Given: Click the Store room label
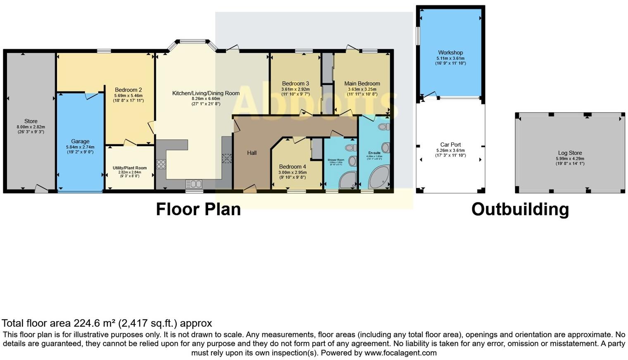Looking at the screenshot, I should click(31, 121).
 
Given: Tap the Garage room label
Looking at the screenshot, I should click(80, 142).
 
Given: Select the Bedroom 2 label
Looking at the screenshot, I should click(128, 90).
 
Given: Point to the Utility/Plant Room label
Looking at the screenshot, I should click(130, 168).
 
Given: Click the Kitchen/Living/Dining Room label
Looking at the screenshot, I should click(206, 93).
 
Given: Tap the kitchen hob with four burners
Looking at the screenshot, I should click(161, 164).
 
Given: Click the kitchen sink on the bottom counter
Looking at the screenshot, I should click(193, 184).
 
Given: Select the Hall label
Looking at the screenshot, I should click(252, 153).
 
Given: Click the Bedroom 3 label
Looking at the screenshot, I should click(295, 83).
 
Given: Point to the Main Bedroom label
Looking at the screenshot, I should click(362, 83).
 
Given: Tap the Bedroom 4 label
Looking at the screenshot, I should click(293, 167).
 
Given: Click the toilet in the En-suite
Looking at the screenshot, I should click(384, 127).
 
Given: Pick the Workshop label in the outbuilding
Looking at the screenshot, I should click(450, 53).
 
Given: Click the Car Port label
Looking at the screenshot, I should click(450, 145).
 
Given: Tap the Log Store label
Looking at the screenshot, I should click(570, 153).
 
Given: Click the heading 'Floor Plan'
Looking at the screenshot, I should click(198, 209).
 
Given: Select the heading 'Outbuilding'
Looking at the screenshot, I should click(520, 209).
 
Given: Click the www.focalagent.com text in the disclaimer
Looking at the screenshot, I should click(400, 353).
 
